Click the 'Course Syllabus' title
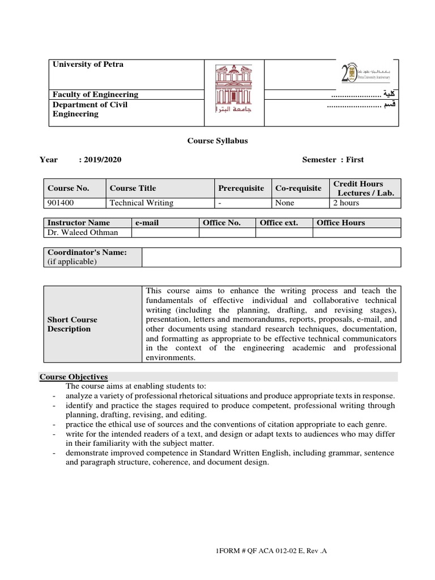pos(217,140)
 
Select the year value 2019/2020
pos(102,160)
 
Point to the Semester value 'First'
pos(355,160)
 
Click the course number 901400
pos(61,202)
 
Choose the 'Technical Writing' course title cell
pos(141,202)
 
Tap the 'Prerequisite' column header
pos(241,188)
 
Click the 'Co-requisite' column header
pos(298,188)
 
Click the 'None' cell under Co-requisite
pos(284,202)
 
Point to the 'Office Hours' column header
pos(340,223)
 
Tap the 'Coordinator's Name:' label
pos(87,252)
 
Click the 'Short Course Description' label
pos(72,324)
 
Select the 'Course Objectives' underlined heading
pos(74,377)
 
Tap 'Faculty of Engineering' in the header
pos(95,95)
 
